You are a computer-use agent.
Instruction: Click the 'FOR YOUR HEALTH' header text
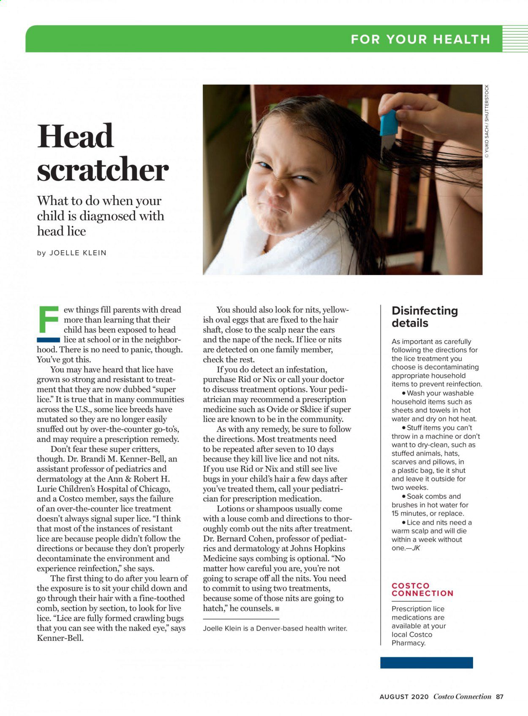(x=420, y=39)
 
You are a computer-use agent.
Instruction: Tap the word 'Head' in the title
(x=76, y=136)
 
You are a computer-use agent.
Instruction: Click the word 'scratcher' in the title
(x=103, y=170)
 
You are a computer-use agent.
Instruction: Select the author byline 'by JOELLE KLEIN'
(x=72, y=253)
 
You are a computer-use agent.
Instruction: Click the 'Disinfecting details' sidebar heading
(x=425, y=317)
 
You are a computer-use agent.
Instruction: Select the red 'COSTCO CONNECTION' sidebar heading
(x=422, y=589)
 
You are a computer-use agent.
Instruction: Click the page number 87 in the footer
(x=500, y=697)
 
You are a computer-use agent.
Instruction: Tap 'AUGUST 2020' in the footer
(x=404, y=697)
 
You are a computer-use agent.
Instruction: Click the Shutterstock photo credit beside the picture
(x=487, y=121)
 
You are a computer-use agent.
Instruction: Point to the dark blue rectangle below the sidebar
(x=426, y=662)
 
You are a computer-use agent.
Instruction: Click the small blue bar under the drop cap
(x=48, y=339)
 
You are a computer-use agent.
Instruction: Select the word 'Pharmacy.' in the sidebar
(x=408, y=643)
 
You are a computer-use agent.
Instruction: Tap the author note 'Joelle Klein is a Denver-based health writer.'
(x=275, y=628)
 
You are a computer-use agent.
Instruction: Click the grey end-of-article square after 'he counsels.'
(x=277, y=609)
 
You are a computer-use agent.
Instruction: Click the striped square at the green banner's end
(x=515, y=38)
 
